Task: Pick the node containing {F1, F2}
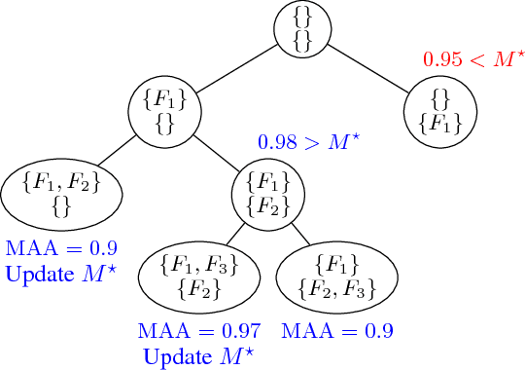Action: coord(61,193)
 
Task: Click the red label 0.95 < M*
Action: coord(467,60)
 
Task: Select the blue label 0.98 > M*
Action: coord(309,142)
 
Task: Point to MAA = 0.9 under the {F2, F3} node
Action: coord(337,331)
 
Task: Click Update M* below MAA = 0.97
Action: coord(192,356)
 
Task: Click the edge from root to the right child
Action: coord(371,67)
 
